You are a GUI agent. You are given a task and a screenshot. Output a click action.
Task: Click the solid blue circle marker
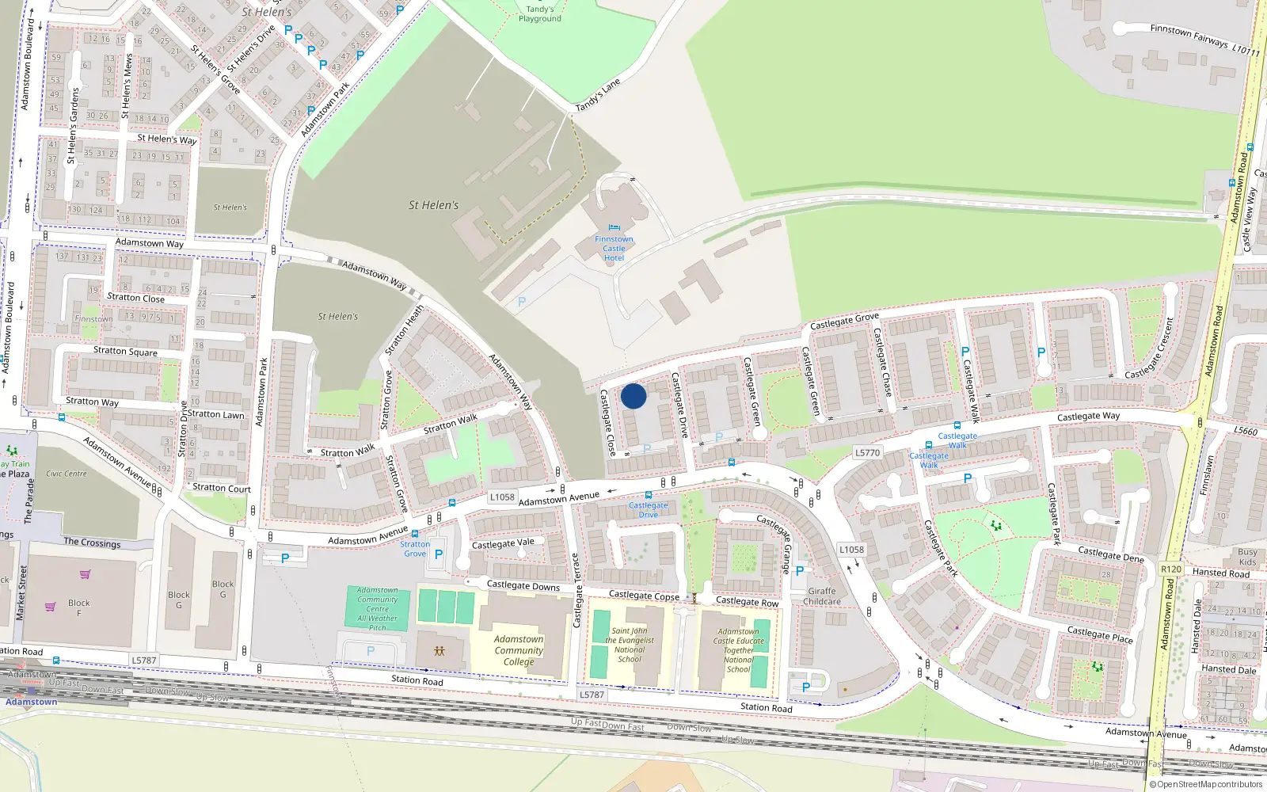coord(633,396)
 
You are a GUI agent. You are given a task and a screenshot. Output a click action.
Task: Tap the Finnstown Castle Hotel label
coord(614,249)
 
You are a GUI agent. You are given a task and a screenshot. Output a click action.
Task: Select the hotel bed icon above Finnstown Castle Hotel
coord(614,228)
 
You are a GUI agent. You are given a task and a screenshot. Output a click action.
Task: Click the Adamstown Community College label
coord(519,650)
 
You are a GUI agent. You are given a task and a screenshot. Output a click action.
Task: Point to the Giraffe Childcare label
coord(822,596)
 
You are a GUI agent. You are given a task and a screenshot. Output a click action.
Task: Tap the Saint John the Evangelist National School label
coord(630,645)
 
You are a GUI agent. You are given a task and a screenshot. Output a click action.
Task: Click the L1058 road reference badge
coord(502,497)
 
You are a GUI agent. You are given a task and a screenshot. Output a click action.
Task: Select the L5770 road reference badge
coord(867,453)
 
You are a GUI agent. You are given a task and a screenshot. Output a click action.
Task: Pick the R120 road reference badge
coord(1170,569)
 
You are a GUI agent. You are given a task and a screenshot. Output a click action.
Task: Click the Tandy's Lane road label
coord(598,96)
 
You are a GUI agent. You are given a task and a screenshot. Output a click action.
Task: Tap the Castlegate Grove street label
coord(844,322)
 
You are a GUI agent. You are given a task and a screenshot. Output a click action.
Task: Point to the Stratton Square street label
coord(125,351)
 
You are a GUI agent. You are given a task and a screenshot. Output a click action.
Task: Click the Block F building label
coord(78,607)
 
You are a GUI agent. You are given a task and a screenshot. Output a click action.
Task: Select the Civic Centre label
coord(67,474)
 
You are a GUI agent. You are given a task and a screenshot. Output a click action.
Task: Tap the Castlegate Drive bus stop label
coord(648,510)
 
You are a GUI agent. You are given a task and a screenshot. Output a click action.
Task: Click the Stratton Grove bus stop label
coord(415,549)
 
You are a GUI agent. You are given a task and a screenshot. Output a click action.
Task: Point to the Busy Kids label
coord(1247,557)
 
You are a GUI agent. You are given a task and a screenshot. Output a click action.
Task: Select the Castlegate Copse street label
coord(644,596)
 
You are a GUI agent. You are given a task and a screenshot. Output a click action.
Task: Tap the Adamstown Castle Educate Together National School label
coord(738,650)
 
